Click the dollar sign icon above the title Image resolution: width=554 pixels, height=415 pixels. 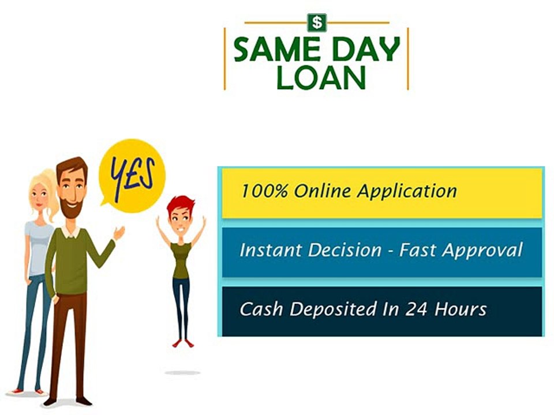(317, 22)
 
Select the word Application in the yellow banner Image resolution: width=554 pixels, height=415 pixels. (407, 192)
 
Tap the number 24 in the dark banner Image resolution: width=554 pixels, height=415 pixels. (416, 309)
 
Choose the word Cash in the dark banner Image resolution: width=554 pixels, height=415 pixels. (261, 309)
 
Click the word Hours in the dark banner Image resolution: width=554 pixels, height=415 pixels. (461, 309)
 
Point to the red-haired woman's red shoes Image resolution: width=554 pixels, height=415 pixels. (183, 344)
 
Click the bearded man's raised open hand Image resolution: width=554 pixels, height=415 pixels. (119, 233)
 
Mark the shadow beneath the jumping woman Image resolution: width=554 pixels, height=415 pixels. (182, 373)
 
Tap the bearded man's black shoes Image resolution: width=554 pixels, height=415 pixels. (67, 401)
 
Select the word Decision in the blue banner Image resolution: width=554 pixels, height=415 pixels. (345, 250)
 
